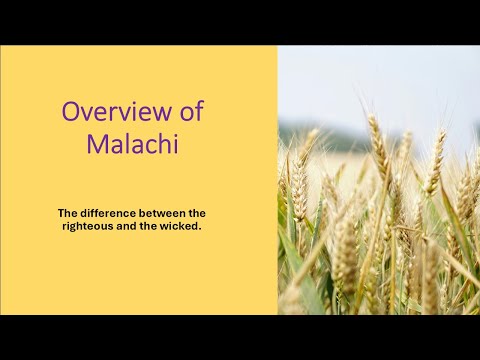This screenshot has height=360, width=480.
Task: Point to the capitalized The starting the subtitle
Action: pos(67,213)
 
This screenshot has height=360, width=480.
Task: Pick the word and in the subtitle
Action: pos(125,227)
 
